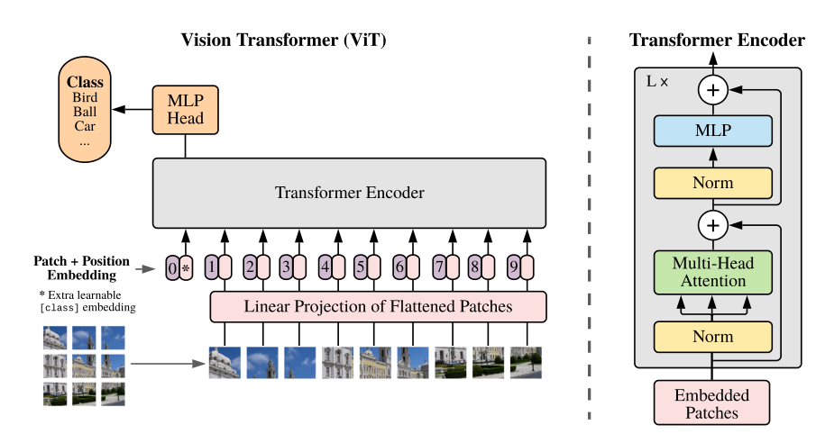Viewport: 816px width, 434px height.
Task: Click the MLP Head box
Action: click(x=185, y=109)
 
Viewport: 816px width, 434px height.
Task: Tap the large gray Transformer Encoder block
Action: click(x=349, y=193)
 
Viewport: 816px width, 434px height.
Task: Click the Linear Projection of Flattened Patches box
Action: click(x=378, y=307)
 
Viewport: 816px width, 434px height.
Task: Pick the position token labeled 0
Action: click(x=172, y=267)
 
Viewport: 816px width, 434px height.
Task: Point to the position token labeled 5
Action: click(x=361, y=267)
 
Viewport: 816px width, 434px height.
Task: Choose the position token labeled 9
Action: click(x=512, y=267)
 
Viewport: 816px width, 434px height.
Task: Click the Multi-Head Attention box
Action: click(x=713, y=272)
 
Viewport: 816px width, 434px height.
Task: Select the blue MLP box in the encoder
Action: click(x=713, y=131)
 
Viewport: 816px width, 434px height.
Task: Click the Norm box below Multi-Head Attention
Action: click(x=713, y=336)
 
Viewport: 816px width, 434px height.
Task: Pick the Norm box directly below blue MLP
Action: click(x=713, y=183)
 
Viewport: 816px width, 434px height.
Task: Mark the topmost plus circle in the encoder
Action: click(x=713, y=90)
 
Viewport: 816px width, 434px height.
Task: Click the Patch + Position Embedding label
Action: click(x=81, y=267)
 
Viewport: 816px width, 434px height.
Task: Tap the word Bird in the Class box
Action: click(x=86, y=97)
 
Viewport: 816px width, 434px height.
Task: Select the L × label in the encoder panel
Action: click(x=657, y=81)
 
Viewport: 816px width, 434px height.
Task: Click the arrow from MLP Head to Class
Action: click(x=134, y=109)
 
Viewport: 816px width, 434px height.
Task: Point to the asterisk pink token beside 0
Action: click(x=187, y=267)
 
